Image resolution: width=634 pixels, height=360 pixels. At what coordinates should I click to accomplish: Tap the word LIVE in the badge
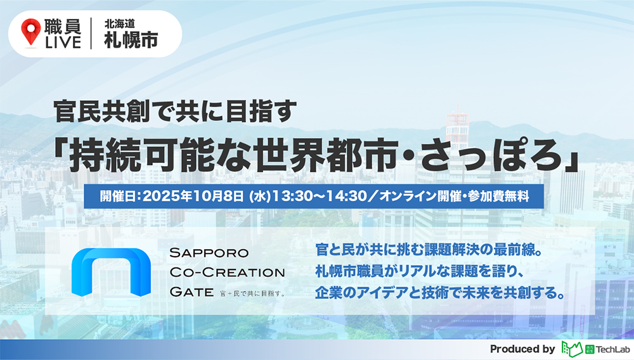(x=62, y=42)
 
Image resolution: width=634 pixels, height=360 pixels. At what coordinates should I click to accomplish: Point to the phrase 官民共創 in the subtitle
(x=95, y=117)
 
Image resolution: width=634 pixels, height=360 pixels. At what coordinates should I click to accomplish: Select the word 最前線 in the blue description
(x=507, y=250)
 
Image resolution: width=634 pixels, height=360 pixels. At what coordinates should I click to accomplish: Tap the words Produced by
(x=522, y=349)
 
